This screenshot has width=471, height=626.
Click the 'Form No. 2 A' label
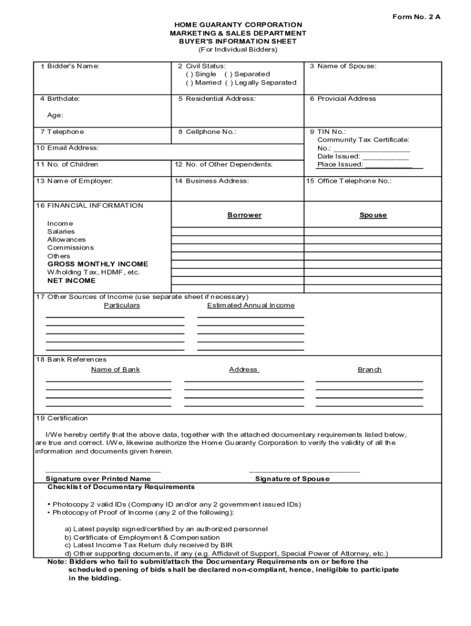[416, 17]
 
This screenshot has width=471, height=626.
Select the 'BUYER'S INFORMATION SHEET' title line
[238, 42]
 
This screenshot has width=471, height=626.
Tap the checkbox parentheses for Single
[189, 74]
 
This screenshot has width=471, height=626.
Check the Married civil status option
[189, 83]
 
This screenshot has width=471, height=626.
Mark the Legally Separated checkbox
[228, 83]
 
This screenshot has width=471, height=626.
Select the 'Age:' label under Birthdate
[55, 115]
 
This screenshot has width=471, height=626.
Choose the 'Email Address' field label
[67, 148]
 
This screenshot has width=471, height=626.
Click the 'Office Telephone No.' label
[354, 181]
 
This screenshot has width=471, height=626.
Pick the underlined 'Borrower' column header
[244, 215]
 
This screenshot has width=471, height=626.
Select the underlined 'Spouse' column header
[373, 215]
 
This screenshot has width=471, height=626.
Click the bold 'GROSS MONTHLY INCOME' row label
[97, 264]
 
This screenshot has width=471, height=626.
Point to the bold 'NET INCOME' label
[72, 281]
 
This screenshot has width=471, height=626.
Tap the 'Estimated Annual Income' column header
[251, 305]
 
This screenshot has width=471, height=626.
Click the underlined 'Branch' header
[369, 369]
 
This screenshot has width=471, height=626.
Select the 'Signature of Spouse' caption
[292, 479]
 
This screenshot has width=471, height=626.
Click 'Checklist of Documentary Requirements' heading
[121, 487]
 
